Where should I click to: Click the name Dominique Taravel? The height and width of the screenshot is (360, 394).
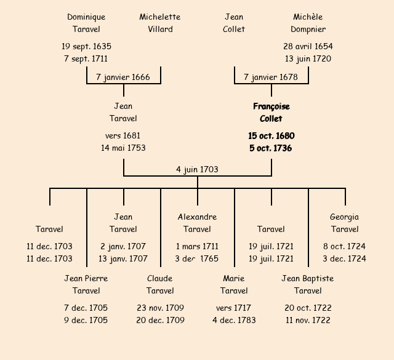click(x=86, y=23)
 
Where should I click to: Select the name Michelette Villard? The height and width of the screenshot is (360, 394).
click(x=160, y=23)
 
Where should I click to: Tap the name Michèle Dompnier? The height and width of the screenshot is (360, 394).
click(x=308, y=23)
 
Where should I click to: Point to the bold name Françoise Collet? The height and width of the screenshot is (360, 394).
click(x=271, y=113)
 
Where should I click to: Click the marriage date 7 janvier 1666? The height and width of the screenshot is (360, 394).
click(x=123, y=78)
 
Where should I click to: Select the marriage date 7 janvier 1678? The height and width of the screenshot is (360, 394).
click(x=271, y=78)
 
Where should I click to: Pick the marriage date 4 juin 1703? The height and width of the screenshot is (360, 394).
click(x=197, y=169)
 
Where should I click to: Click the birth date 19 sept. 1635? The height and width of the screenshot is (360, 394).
click(x=86, y=46)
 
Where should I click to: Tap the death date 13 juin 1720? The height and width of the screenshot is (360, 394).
click(x=308, y=59)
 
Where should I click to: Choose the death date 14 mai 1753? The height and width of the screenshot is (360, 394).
click(x=123, y=148)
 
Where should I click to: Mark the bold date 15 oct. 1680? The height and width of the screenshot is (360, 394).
click(x=271, y=135)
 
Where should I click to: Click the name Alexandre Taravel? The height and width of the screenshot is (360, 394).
click(x=197, y=223)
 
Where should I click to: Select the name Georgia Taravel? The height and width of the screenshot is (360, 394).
click(x=345, y=223)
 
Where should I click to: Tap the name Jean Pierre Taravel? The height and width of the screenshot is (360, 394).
click(x=86, y=284)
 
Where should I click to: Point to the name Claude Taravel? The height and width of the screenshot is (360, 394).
click(x=160, y=284)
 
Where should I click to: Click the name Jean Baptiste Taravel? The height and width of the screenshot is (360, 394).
click(x=308, y=284)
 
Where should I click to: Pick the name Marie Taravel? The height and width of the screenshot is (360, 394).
click(x=234, y=284)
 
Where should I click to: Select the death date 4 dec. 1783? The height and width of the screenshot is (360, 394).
click(x=234, y=320)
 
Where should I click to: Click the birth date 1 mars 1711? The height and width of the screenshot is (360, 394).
click(x=197, y=246)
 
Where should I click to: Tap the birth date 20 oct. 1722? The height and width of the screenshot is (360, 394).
click(x=308, y=308)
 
